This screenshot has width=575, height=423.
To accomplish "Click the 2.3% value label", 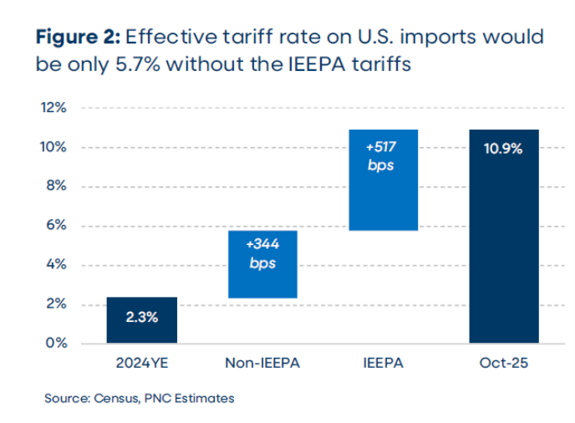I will pyautogui.click(x=141, y=318).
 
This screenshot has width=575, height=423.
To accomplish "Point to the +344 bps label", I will pyautogui.click(x=262, y=253).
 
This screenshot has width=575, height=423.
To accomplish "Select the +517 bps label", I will pyautogui.click(x=383, y=155).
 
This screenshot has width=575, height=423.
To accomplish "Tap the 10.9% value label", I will pyautogui.click(x=503, y=149).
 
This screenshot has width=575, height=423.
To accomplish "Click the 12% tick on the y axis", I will pyautogui.click(x=55, y=108).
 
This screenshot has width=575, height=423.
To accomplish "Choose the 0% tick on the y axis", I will pyautogui.click(x=59, y=343).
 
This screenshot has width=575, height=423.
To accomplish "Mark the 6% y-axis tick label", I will pyautogui.click(x=59, y=226).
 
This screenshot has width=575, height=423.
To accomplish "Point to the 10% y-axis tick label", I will pyautogui.click(x=55, y=147).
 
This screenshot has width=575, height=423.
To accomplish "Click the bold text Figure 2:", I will pyautogui.click(x=79, y=38).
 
